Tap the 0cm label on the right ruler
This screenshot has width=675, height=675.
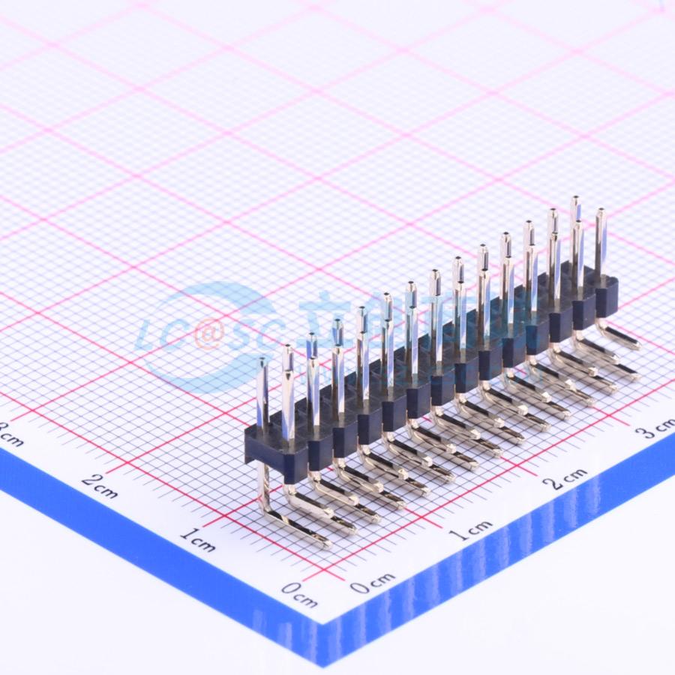[x=372, y=582]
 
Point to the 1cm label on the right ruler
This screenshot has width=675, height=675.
[x=471, y=529]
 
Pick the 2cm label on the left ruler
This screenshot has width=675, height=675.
[x=99, y=486]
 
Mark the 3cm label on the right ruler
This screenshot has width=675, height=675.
[x=655, y=430]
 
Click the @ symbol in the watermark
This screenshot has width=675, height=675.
[x=208, y=336]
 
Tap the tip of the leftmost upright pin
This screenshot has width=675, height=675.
[x=262, y=362]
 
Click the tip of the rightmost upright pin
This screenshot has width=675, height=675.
[x=600, y=213]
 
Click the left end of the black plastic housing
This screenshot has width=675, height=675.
[x=248, y=448]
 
